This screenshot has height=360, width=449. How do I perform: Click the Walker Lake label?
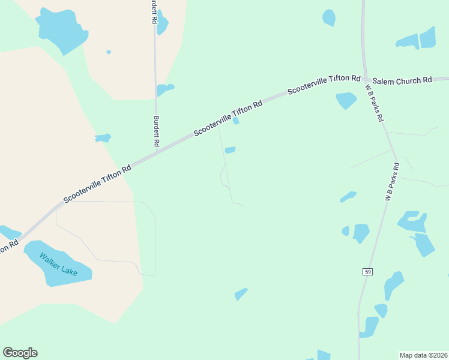coord(58,265)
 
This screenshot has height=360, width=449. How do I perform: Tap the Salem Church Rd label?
coord(402,80)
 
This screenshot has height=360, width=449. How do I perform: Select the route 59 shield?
coord(366,272)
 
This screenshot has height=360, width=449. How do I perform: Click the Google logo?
coord(20,353)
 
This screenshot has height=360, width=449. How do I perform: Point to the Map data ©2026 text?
coord(423,355)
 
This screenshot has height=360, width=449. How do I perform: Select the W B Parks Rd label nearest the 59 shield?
coord(391,181)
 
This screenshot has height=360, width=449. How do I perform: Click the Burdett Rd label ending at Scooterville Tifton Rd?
coord(156,131)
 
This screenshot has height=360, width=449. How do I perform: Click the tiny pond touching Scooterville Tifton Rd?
coord(236,121)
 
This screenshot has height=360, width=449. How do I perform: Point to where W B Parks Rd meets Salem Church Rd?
coord(365,79)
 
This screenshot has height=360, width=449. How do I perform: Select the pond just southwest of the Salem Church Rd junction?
coord(346,100)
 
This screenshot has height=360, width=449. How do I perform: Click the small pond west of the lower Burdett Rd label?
coord(103,138)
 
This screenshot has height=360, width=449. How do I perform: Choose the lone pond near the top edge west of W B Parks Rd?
coord(329,17)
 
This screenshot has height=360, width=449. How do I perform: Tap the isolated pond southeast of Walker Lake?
coord(241,293)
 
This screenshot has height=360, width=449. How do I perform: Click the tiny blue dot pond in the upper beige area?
coord(109,52)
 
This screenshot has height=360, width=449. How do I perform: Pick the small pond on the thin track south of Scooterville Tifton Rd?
coord(230,150)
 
